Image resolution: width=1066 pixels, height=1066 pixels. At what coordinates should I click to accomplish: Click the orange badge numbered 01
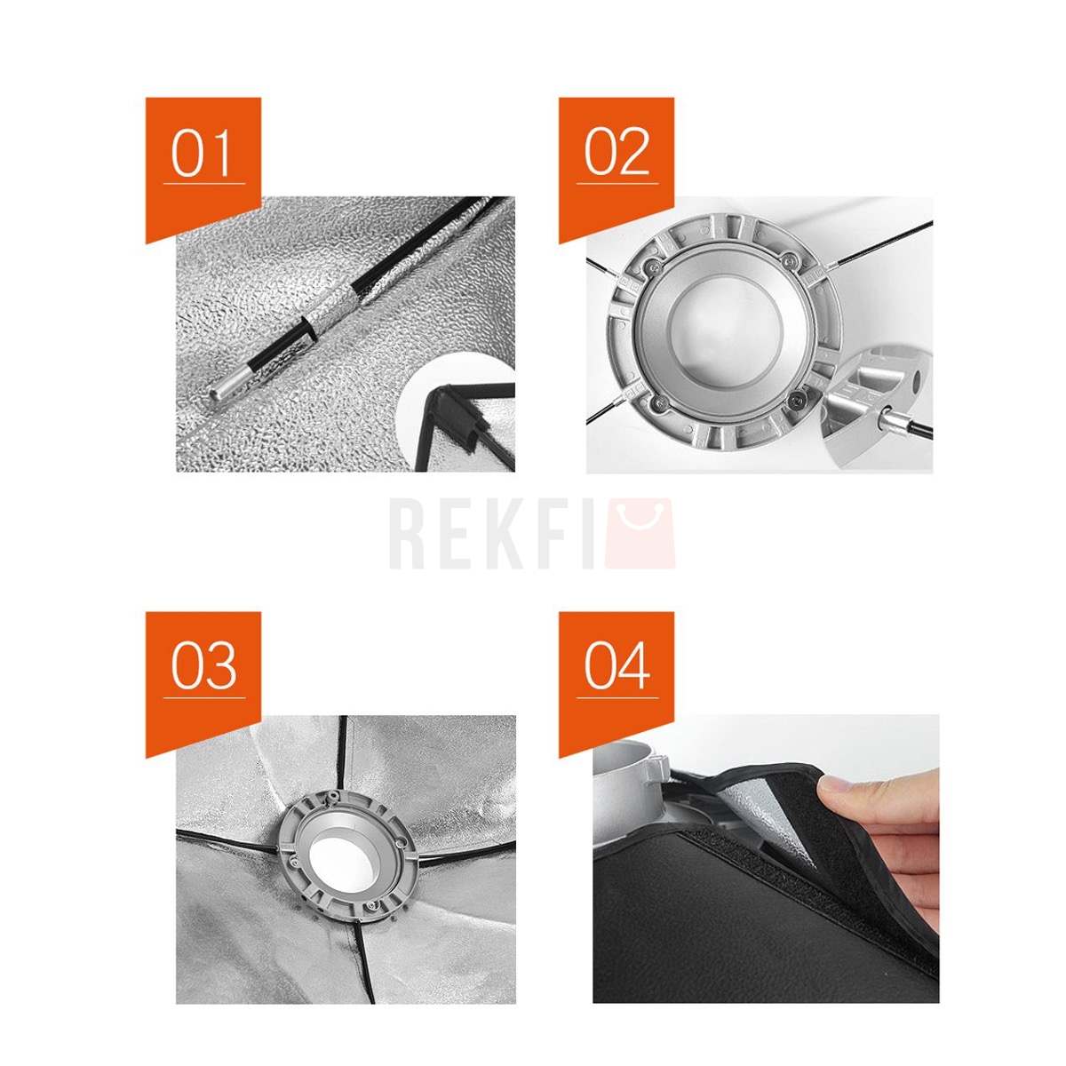click(x=203, y=166)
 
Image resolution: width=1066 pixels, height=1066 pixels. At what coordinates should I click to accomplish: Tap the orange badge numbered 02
click(x=617, y=166)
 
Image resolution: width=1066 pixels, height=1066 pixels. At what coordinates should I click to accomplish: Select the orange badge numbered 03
click(x=203, y=680)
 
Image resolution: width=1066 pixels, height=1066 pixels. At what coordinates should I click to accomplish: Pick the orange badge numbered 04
click(x=617, y=680)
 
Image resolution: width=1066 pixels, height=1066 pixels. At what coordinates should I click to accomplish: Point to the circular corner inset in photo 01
click(x=457, y=412)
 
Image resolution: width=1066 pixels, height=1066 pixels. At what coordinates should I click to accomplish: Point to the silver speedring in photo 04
click(x=631, y=792)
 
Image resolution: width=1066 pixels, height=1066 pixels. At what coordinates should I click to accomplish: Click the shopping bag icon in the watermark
click(x=640, y=533)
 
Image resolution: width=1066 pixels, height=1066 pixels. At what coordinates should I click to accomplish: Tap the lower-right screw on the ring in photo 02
click(x=796, y=397)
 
